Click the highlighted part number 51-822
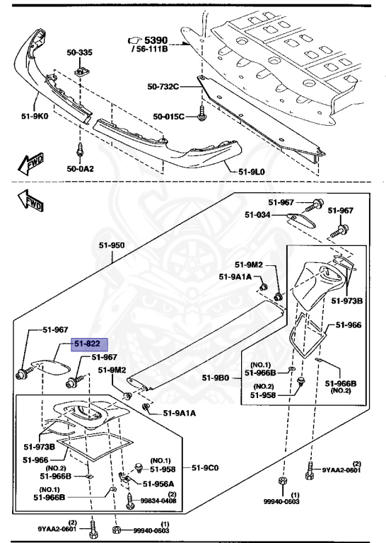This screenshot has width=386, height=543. (x=88, y=344)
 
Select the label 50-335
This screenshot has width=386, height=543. (x=79, y=52)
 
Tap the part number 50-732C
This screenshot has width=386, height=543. (x=163, y=87)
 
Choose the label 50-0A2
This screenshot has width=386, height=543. (x=80, y=169)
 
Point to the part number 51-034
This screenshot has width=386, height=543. (x=259, y=214)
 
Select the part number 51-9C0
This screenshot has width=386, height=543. (x=206, y=468)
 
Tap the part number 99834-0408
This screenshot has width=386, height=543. (x=158, y=501)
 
